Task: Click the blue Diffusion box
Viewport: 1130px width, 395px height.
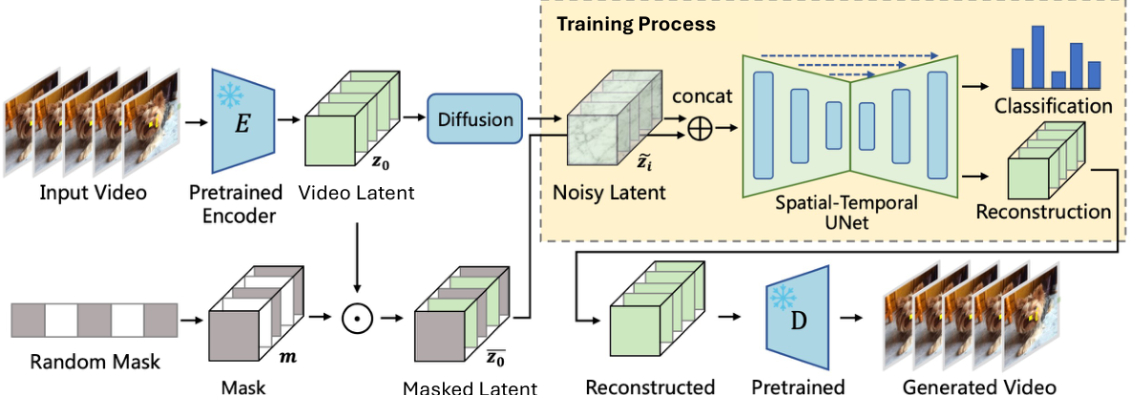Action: pos(475,120)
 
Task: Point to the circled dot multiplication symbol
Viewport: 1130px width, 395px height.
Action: pos(356,316)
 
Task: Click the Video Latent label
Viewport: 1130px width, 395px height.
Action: pos(357,193)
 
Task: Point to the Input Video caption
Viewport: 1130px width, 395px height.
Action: pos(94,193)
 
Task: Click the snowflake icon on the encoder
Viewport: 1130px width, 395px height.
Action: pos(230,96)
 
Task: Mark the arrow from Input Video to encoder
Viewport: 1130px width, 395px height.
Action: pos(195,121)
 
